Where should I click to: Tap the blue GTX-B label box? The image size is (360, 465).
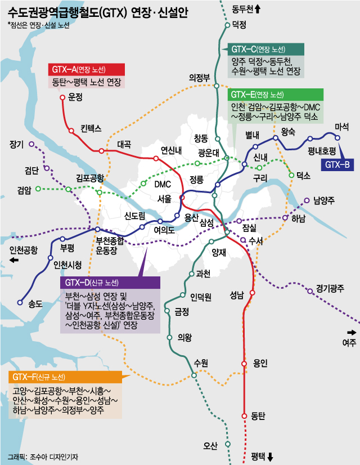point(336,164)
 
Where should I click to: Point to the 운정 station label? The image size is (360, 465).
point(75,97)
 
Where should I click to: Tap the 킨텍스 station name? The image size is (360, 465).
point(90,128)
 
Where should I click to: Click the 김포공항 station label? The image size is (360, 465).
point(90,178)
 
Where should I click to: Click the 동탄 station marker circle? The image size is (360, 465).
point(244,416)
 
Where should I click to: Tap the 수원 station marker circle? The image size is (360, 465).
point(193,375)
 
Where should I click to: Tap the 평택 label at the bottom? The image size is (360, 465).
point(258,455)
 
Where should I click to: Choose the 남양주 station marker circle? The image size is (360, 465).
point(307,200)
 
